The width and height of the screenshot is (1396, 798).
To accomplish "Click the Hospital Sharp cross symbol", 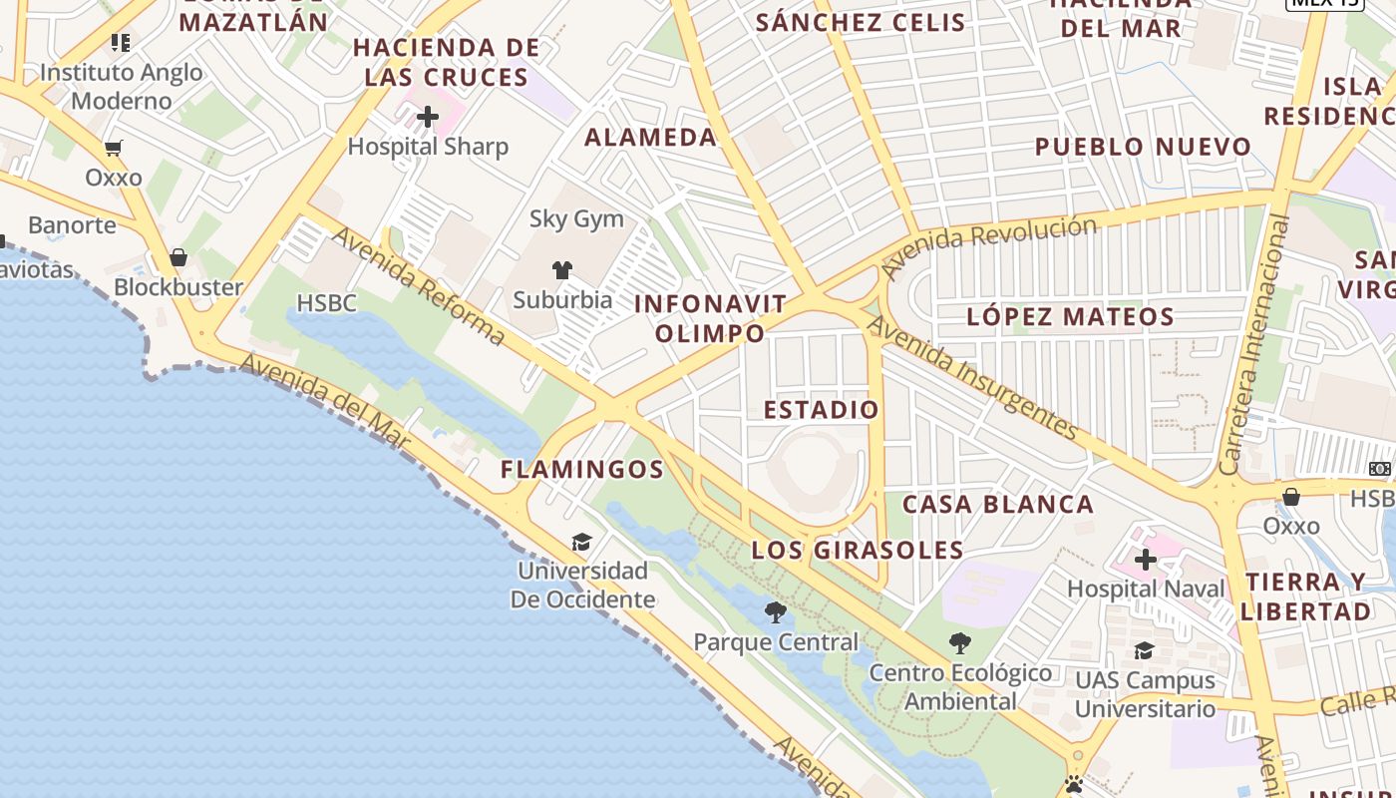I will (428, 118).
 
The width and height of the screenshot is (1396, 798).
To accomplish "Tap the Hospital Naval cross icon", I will (1145, 560).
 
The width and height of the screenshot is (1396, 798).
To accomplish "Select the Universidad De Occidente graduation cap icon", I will (581, 542).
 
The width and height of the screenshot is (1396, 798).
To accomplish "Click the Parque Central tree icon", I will (775, 611).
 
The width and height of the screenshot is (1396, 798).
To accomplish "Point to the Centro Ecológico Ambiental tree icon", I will (959, 642).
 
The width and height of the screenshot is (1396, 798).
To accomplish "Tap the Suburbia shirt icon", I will (562, 269).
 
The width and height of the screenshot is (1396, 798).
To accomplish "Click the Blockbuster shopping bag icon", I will (178, 258).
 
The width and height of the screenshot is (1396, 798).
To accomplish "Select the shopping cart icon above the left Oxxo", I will (114, 149).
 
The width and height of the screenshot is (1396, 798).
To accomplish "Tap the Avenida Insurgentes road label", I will (971, 377).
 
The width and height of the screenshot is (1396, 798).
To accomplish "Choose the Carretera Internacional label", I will (1254, 344).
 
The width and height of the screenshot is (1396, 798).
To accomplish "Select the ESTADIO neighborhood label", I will (821, 410).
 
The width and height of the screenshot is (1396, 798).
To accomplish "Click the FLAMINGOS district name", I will (581, 469).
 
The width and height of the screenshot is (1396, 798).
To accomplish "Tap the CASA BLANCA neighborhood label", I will (997, 504).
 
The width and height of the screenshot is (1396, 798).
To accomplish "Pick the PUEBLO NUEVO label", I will (1143, 148).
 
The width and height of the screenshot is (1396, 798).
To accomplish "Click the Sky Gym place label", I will (576, 218).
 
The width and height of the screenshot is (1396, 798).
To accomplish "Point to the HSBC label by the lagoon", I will (326, 302).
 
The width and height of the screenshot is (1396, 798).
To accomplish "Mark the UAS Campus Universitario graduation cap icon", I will (1144, 651).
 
